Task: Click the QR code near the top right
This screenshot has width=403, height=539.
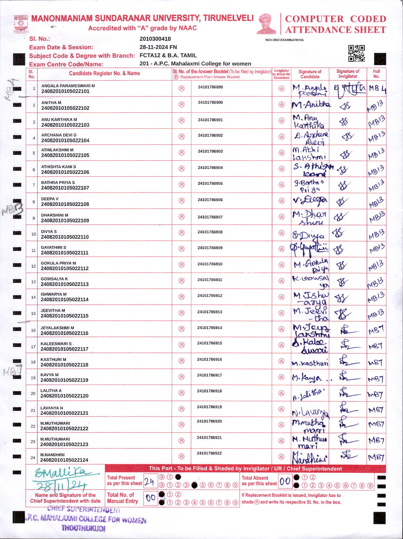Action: click(x=356, y=53)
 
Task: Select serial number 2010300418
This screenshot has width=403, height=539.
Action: click(x=155, y=39)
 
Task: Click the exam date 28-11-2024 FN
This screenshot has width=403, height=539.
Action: click(x=158, y=47)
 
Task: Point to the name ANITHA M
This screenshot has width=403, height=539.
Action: click(x=51, y=103)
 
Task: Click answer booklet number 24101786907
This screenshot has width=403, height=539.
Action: click(x=210, y=217)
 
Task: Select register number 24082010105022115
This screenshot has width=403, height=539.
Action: click(x=65, y=316)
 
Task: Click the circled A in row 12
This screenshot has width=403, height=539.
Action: click(x=281, y=265)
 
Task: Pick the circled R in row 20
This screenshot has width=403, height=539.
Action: click(x=182, y=393)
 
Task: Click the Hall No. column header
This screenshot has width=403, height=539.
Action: click(x=376, y=74)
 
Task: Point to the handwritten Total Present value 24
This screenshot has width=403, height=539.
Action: click(x=149, y=482)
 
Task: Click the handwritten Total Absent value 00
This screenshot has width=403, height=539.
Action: click(x=285, y=481)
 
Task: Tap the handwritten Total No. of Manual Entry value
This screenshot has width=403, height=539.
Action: click(x=150, y=498)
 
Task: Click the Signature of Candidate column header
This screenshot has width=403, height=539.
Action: click(x=310, y=74)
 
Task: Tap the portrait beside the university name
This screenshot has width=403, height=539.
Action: click(x=266, y=23)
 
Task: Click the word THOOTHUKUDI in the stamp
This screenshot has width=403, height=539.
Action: click(x=83, y=528)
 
